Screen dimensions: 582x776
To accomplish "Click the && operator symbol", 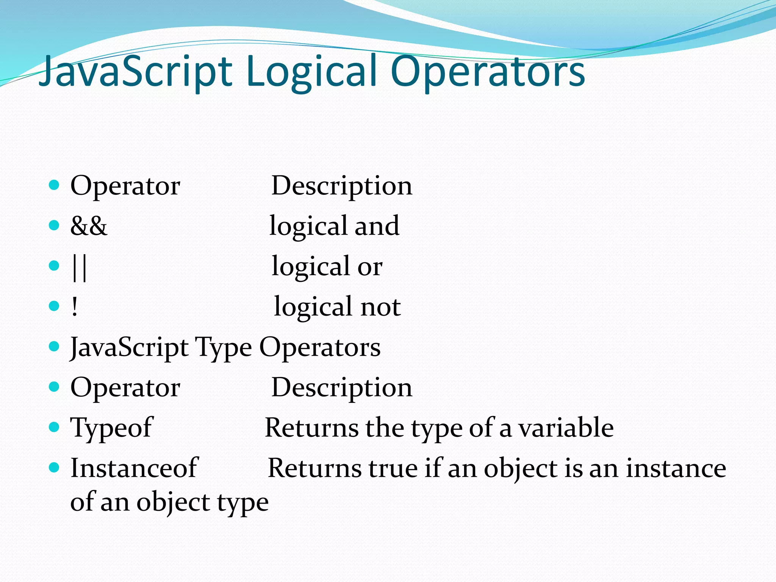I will pos(89,226).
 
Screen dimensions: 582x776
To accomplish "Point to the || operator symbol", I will pos(79,267).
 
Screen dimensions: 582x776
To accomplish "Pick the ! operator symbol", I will pos(75,307).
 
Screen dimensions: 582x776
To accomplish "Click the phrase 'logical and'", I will pos(334,227).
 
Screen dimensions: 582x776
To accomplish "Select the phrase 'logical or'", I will pos(327,267).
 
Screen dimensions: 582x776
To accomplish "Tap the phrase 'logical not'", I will pos(337,307).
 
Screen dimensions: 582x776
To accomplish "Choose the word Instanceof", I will pos(134,468).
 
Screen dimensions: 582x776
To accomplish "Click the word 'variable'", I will pos(566,428).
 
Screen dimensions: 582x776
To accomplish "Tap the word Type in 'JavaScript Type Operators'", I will pos(223,348).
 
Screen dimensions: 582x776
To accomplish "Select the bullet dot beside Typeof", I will pos(55,427).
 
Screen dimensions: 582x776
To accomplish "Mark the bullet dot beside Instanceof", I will pos(55,468).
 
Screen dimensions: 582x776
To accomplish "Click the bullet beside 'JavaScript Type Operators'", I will pos(55,346).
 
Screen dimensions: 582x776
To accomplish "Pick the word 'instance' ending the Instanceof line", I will pos(676,468).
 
